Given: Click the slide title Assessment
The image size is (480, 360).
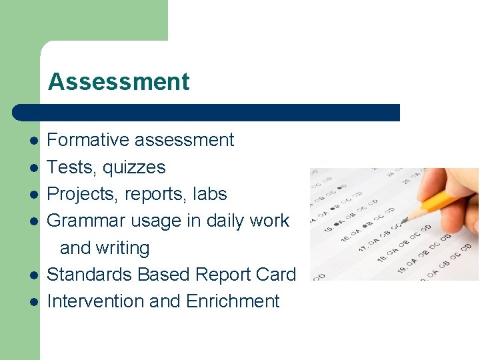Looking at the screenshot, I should tap(119, 82).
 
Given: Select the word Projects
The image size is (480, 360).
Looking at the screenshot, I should tap(77, 194).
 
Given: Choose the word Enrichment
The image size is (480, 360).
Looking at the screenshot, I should tap(233, 301).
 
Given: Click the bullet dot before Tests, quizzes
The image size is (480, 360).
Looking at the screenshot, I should tap(33, 168).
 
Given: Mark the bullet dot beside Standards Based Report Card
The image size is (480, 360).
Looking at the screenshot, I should tap(33, 275).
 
